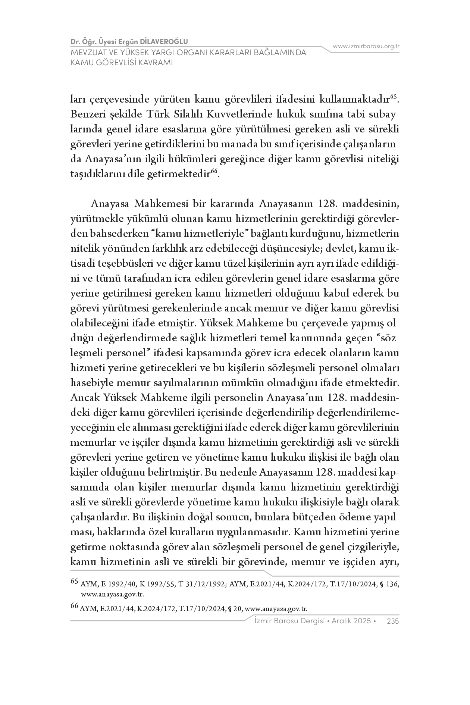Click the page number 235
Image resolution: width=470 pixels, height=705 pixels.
[x=393, y=621]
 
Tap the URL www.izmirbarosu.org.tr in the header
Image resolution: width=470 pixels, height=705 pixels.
[x=366, y=46]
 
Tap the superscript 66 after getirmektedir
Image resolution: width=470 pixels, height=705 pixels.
[x=214, y=171]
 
